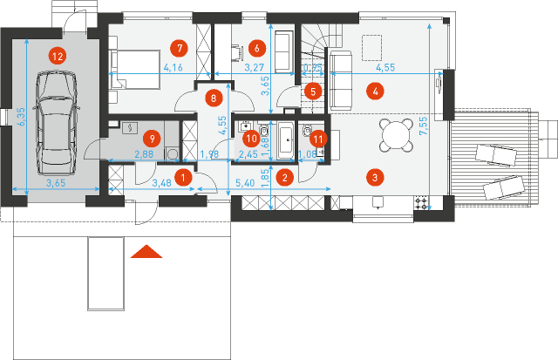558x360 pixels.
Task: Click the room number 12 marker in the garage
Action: pyautogui.click(x=57, y=55)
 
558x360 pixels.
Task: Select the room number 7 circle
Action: pyautogui.click(x=180, y=47)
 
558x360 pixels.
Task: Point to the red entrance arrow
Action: pyautogui.click(x=147, y=253)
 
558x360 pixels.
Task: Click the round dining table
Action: pyautogui.click(x=397, y=135)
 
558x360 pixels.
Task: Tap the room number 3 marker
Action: pyautogui.click(x=375, y=178)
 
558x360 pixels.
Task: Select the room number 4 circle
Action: pyautogui.click(x=375, y=90)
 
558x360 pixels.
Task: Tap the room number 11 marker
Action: pyautogui.click(x=318, y=137)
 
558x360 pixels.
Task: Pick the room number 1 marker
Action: pyautogui.click(x=183, y=177)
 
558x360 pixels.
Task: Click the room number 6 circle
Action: pyautogui.click(x=255, y=47)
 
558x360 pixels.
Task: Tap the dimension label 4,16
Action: pyautogui.click(x=173, y=67)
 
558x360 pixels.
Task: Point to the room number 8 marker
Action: pyautogui.click(x=214, y=98)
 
